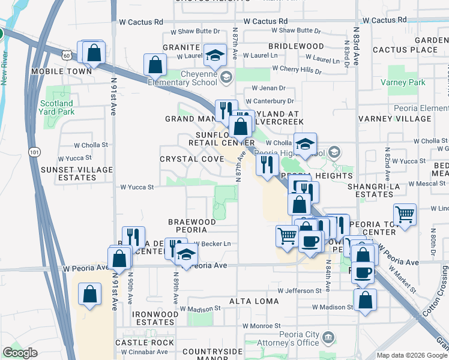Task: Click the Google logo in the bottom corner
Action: pyautogui.click(x=20, y=353)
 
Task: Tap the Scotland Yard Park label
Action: pyautogui.click(x=57, y=107)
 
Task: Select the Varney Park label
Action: pyautogui.click(x=406, y=82)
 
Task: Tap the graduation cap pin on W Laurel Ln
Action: pyautogui.click(x=215, y=56)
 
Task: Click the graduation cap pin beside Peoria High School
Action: pyautogui.click(x=305, y=144)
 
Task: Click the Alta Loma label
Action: pyautogui.click(x=253, y=301)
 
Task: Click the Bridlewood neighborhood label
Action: pyautogui.click(x=296, y=46)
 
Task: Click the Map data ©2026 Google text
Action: pyautogui.click(x=412, y=355)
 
